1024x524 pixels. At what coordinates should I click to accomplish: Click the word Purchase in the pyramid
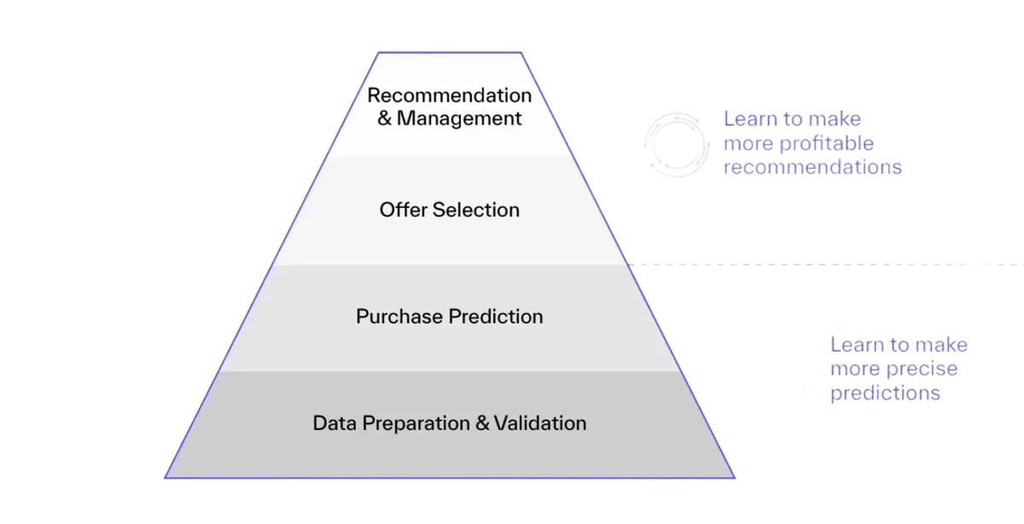pyautogui.click(x=398, y=317)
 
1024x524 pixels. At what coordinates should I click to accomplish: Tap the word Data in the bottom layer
pyautogui.click(x=332, y=423)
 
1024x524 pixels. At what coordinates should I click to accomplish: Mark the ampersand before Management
pyautogui.click(x=384, y=118)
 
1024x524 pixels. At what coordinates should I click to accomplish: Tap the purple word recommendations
pyautogui.click(x=812, y=166)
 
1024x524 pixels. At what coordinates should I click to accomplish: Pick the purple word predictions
pyautogui.click(x=886, y=393)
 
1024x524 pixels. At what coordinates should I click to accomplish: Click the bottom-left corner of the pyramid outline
pyautogui.click(x=165, y=477)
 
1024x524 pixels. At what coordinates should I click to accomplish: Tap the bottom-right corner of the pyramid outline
pyautogui.click(x=735, y=477)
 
